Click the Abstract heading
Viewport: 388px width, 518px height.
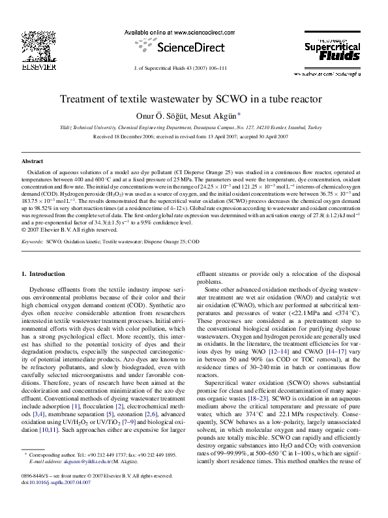(x=33, y=160)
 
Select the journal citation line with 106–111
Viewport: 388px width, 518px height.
(x=194, y=69)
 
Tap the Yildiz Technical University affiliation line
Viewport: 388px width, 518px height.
(x=194, y=128)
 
